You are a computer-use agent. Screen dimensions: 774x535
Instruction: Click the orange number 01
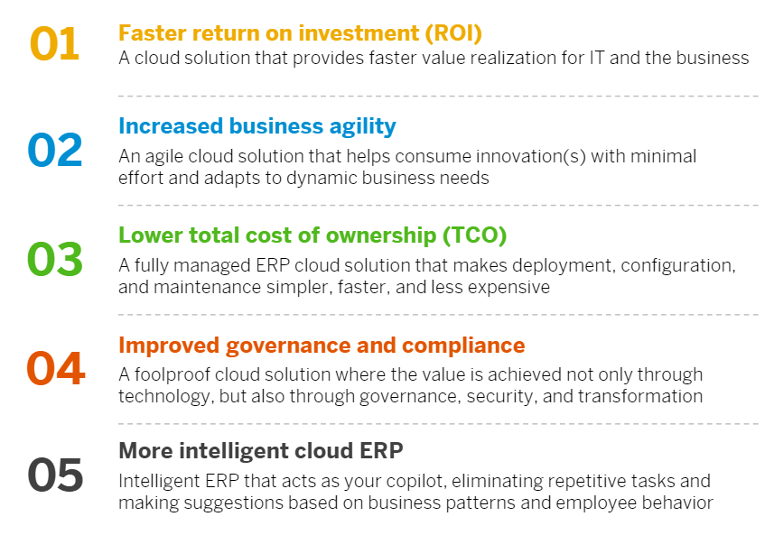coord(54,44)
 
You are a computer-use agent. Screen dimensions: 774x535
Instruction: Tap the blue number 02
coord(55,150)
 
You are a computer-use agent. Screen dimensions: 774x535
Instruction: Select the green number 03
coord(55,259)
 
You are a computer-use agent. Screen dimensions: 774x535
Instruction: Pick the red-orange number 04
coord(56,368)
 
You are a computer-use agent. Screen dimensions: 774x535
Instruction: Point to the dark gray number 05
coord(55,475)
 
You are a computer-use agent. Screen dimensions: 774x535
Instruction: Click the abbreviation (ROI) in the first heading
coord(453,33)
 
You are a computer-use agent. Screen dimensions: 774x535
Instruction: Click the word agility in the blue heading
coord(363,127)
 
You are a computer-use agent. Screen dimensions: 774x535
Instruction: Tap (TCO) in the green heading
coord(474,235)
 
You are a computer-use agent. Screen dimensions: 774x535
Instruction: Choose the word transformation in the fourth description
coord(640,396)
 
